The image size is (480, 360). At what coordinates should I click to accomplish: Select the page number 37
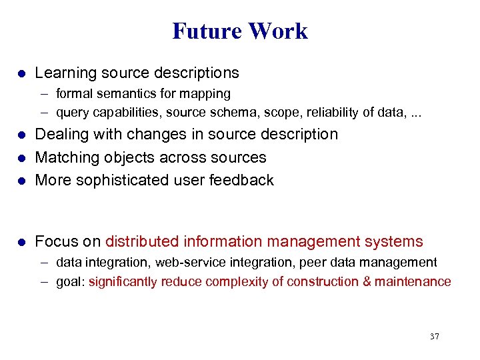click(x=434, y=336)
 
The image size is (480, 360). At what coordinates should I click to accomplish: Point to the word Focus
click(x=56, y=241)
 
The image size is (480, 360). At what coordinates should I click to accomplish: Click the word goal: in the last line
click(x=70, y=281)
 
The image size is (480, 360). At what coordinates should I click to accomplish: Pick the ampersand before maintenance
click(x=367, y=281)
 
